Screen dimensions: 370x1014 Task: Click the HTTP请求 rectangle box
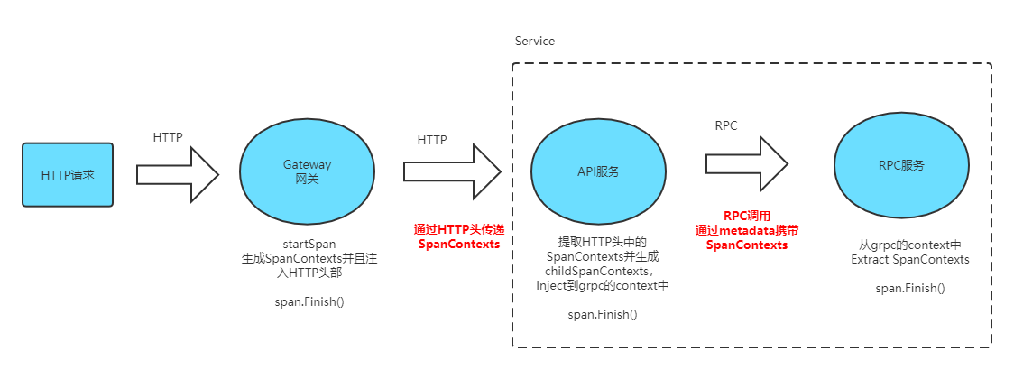(68, 173)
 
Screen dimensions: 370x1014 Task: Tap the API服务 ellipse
(598, 171)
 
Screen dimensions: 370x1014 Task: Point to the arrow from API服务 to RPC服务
(747, 163)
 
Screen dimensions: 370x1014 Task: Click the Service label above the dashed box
(535, 42)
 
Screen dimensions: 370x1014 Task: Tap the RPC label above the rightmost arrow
(725, 126)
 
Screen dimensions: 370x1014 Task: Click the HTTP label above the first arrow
(168, 137)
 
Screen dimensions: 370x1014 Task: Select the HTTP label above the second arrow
(432, 140)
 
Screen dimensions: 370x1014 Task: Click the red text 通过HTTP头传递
(457, 230)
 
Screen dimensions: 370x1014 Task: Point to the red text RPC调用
(747, 217)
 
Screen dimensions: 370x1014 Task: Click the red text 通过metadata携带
(747, 230)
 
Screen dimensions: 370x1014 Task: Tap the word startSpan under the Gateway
(309, 244)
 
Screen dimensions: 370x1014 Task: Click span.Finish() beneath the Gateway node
(309, 301)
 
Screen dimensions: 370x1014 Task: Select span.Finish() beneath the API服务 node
(602, 314)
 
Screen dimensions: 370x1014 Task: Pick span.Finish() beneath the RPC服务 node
(910, 288)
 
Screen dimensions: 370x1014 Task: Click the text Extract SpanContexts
(910, 260)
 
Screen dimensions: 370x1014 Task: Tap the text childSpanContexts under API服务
(598, 271)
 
